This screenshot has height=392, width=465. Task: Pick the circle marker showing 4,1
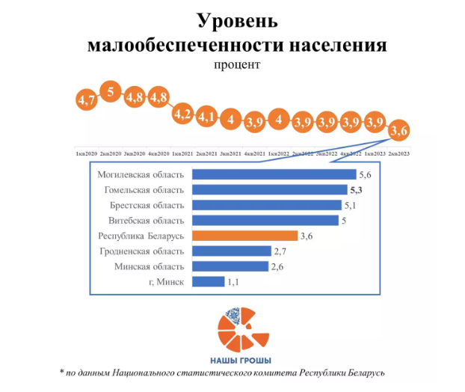pos(207,117)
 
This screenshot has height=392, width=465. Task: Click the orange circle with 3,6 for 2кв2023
pos(399,132)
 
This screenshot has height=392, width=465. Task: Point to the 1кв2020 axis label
pos(87,153)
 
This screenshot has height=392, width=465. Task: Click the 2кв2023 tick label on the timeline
pos(398,153)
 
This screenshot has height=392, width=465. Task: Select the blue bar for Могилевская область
pos(274,174)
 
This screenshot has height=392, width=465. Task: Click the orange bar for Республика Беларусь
pos(244,236)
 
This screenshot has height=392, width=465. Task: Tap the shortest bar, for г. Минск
pos(209,282)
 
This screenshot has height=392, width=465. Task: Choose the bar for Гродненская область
pos(231,251)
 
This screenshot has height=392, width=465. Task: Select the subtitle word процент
pos(236,65)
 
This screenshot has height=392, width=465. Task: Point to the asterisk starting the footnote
pos(62,371)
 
